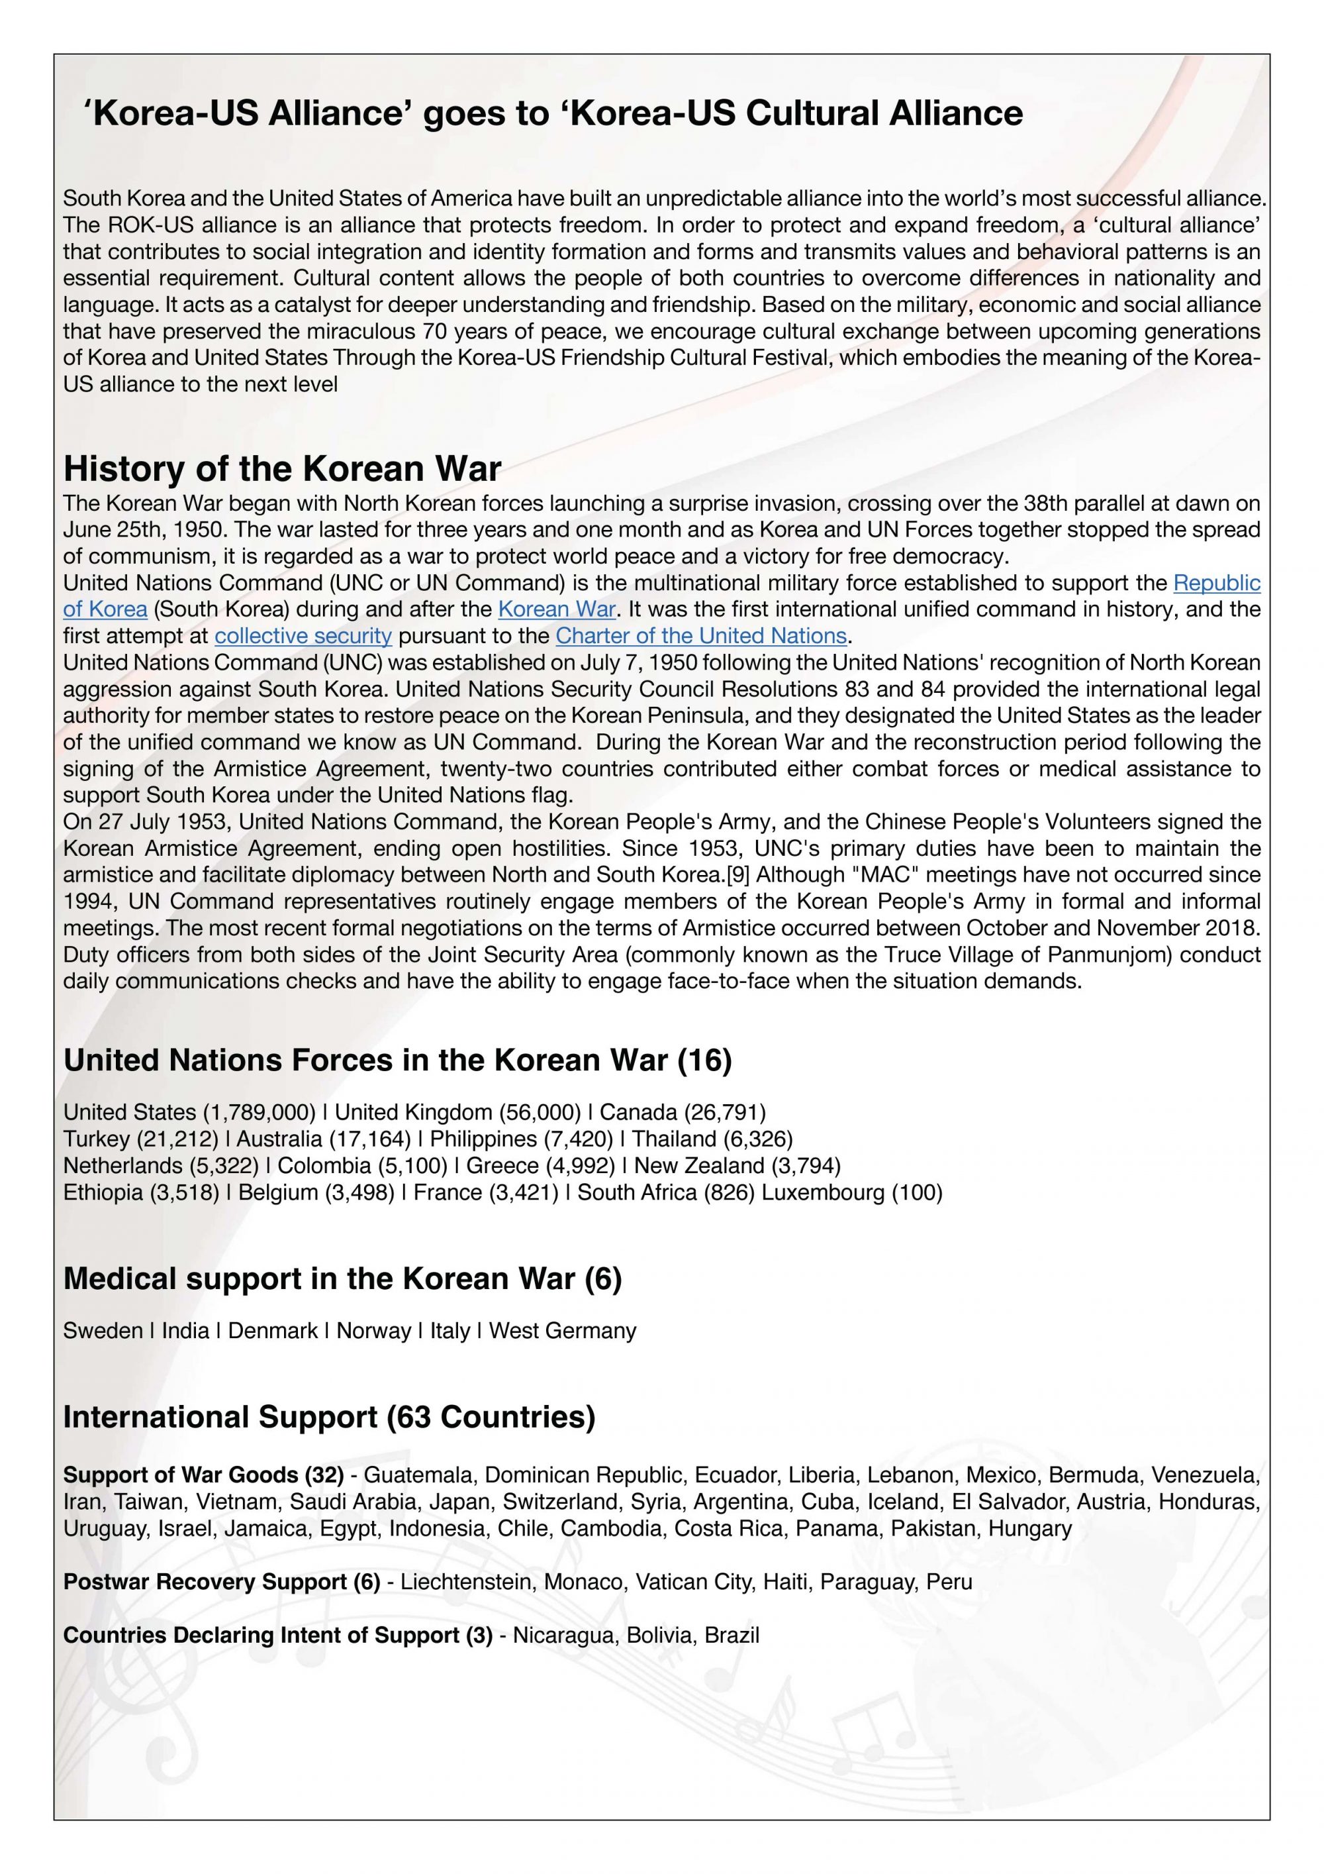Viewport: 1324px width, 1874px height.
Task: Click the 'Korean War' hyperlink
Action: click(x=556, y=609)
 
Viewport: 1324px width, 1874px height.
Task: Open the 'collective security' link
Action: click(x=303, y=636)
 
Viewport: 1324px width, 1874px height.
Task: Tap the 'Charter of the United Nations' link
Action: click(x=702, y=636)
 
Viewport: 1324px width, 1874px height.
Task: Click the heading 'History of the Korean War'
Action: click(x=281, y=469)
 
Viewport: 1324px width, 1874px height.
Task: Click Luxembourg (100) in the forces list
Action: click(x=852, y=1192)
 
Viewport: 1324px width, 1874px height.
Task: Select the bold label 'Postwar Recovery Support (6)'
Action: click(x=221, y=1582)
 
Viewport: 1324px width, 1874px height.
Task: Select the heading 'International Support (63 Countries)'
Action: click(x=329, y=1417)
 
